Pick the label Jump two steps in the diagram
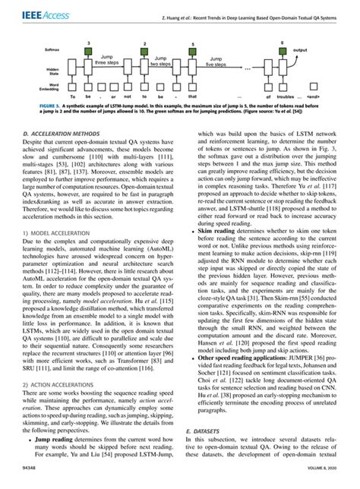point(161,61)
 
